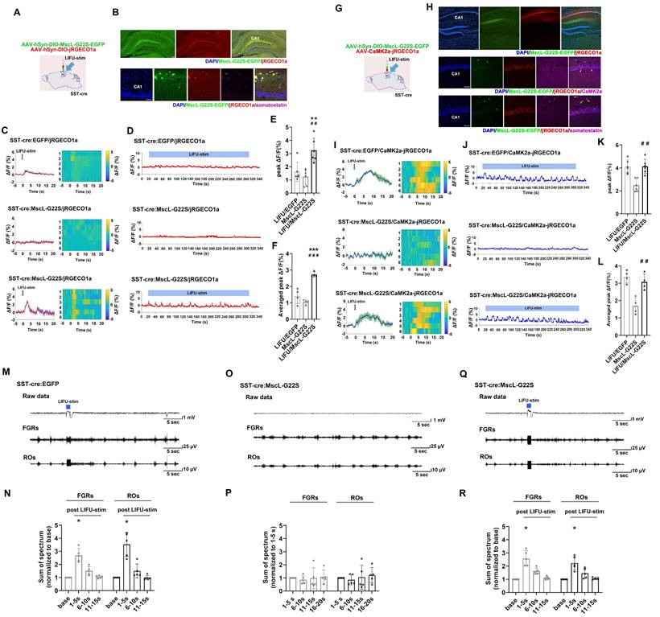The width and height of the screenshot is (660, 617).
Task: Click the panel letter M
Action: (6, 374)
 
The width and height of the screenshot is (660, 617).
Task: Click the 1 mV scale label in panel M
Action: (190, 418)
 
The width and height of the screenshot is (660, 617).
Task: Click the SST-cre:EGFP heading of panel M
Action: (40, 385)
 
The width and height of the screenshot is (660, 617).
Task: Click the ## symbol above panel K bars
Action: (621, 145)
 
